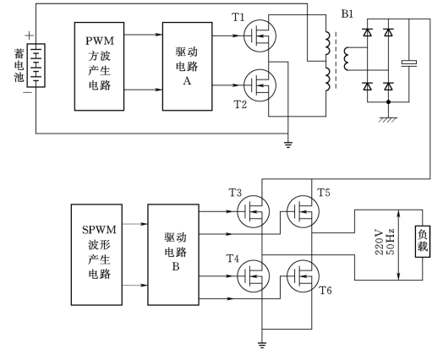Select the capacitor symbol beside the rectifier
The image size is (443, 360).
[409, 63]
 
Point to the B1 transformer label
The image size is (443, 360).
[347, 14]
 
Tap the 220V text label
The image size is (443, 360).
[379, 243]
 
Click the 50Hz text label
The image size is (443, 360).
[390, 242]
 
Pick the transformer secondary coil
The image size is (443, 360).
[347, 58]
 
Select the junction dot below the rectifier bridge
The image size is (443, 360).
[388, 101]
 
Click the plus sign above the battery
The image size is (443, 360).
[30, 35]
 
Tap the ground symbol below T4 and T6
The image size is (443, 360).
[262, 345]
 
